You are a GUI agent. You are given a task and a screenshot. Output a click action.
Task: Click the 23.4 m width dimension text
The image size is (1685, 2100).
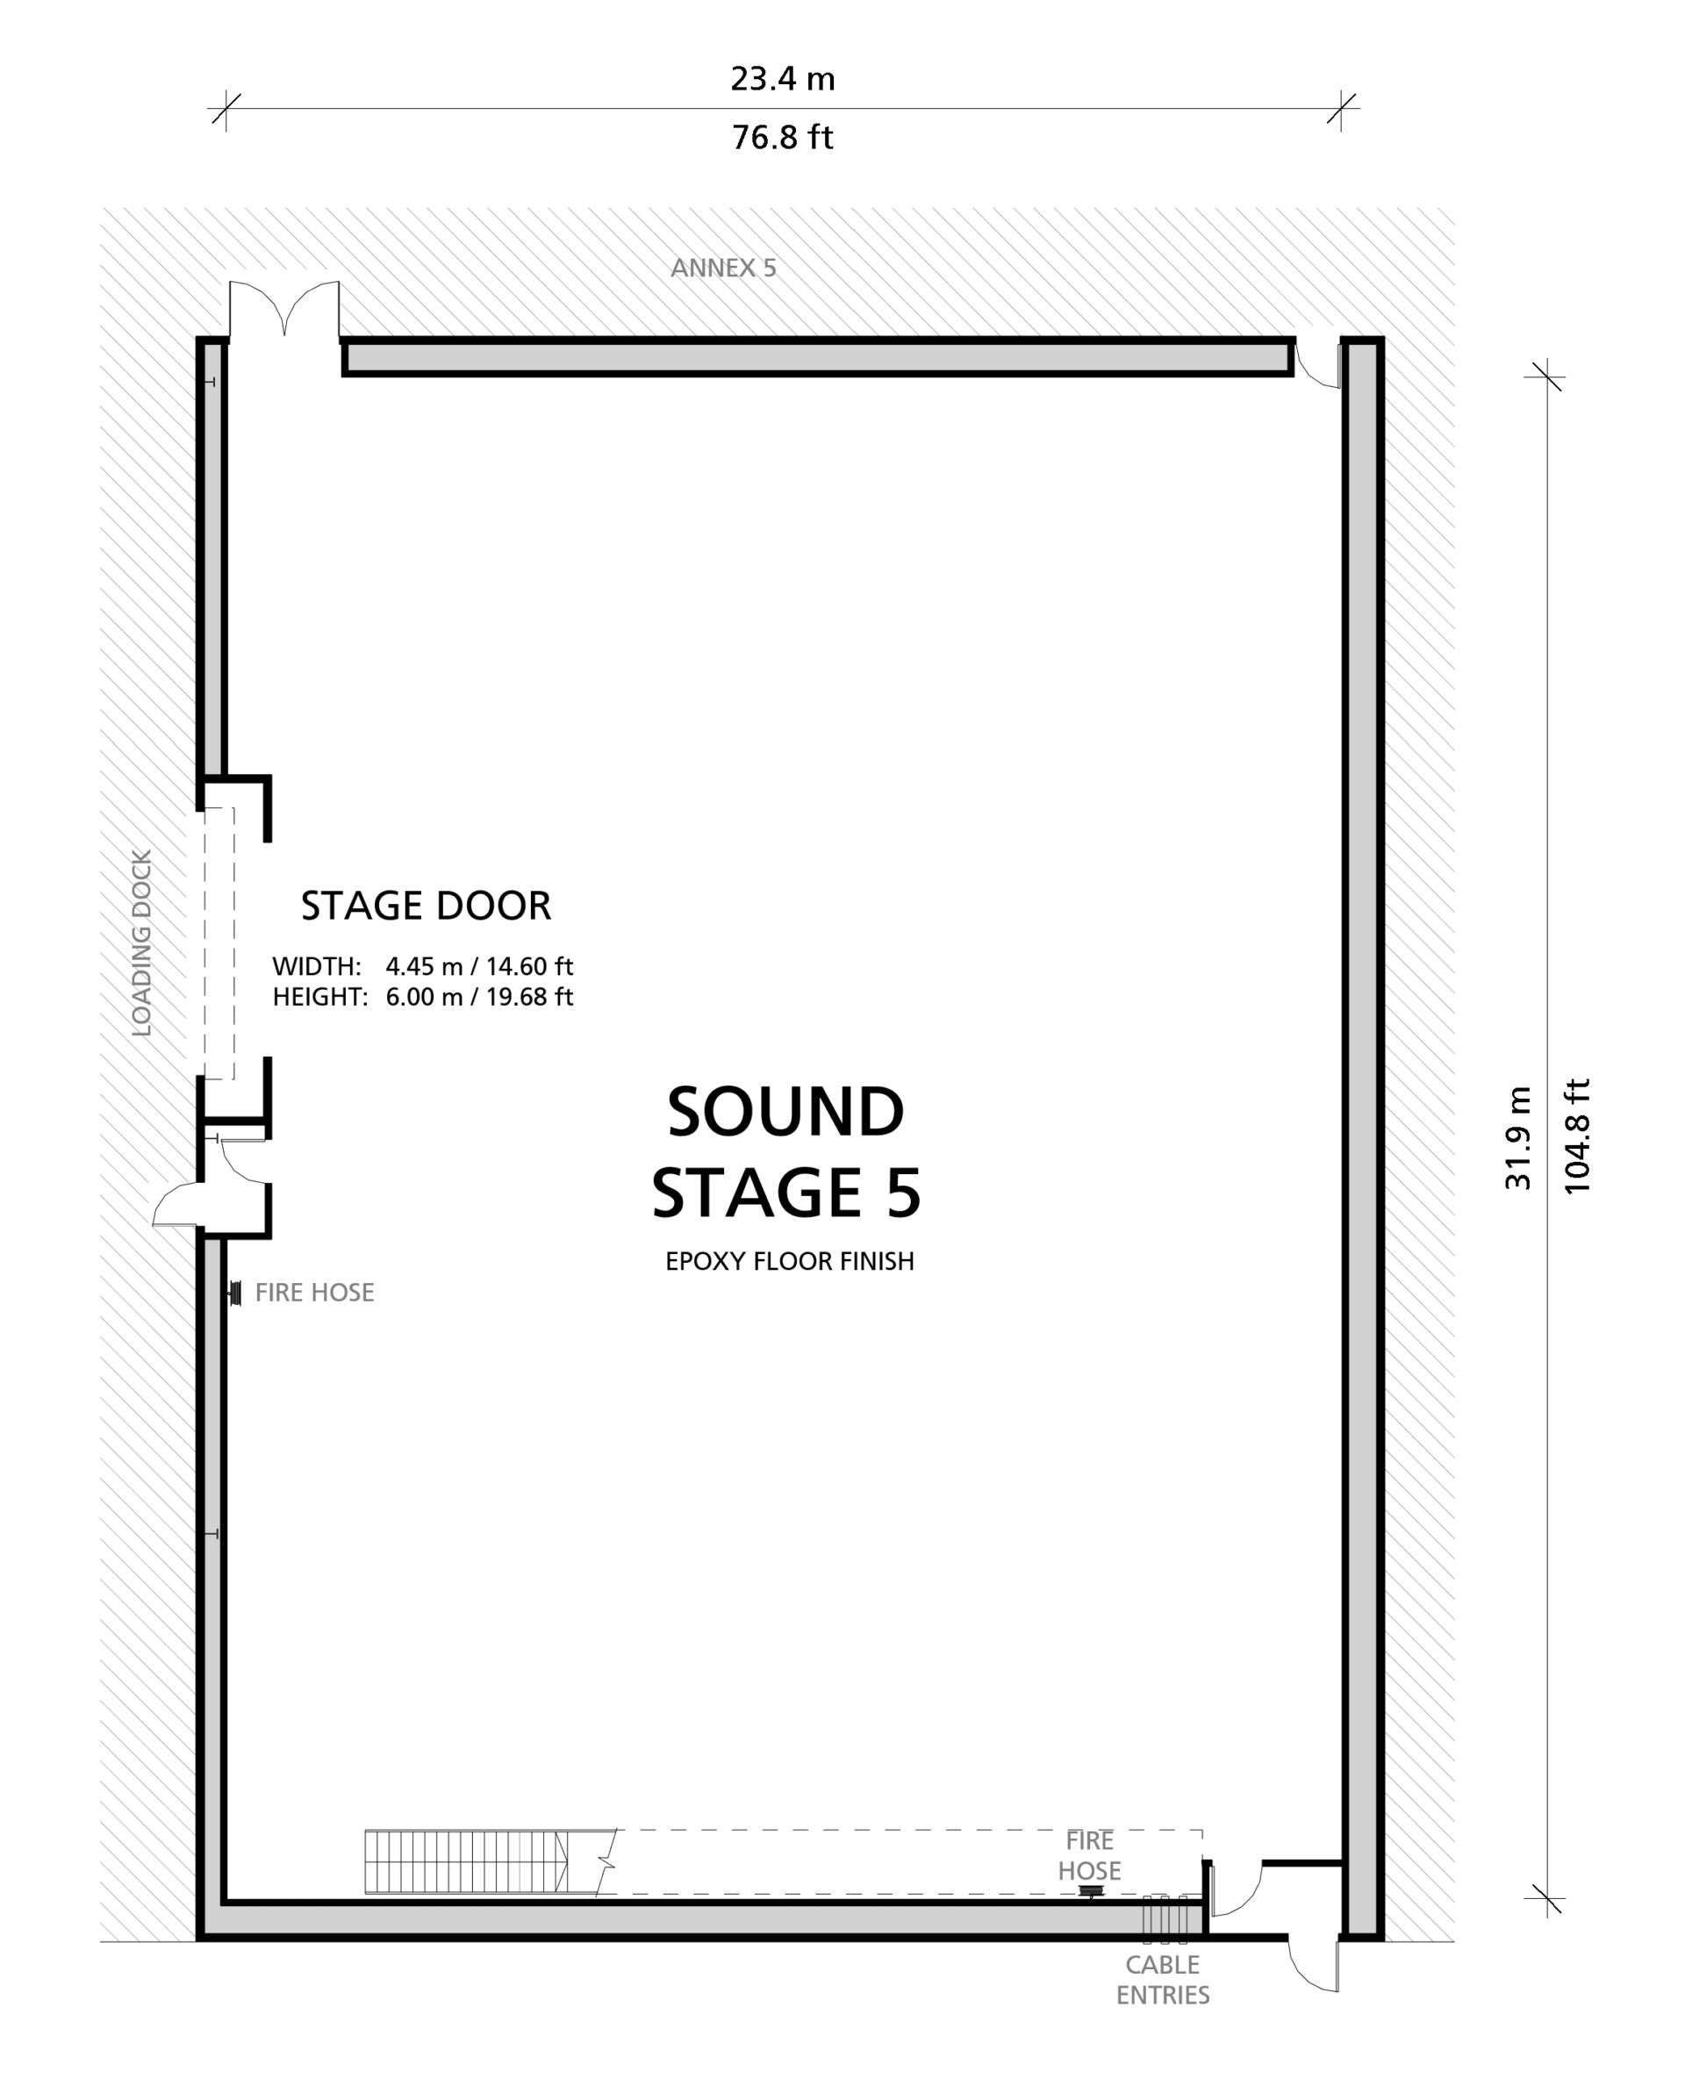tap(782, 79)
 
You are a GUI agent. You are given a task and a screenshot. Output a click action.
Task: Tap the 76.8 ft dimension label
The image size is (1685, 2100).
tap(782, 137)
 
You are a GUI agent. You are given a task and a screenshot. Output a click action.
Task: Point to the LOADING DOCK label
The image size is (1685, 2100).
tap(142, 942)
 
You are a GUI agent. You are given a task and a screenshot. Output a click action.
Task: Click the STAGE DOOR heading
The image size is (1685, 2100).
tap(426, 905)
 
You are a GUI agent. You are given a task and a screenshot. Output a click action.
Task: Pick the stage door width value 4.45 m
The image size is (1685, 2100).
tap(424, 966)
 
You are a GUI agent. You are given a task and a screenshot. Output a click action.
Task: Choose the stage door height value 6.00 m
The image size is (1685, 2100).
tap(424, 996)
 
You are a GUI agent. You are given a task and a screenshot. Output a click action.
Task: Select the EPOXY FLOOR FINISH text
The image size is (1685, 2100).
tap(789, 1261)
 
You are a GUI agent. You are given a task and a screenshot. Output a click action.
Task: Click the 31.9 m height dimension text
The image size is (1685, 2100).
tap(1517, 1137)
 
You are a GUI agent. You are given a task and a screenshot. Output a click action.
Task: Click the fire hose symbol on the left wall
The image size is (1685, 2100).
tap(234, 1294)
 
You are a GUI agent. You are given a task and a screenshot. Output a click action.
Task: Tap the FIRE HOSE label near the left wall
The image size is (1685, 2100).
tap(313, 1293)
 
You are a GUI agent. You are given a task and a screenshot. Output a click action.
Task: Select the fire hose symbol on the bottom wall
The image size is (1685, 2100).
tap(1091, 1891)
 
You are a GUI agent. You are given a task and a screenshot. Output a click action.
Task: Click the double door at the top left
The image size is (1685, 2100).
tap(283, 310)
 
